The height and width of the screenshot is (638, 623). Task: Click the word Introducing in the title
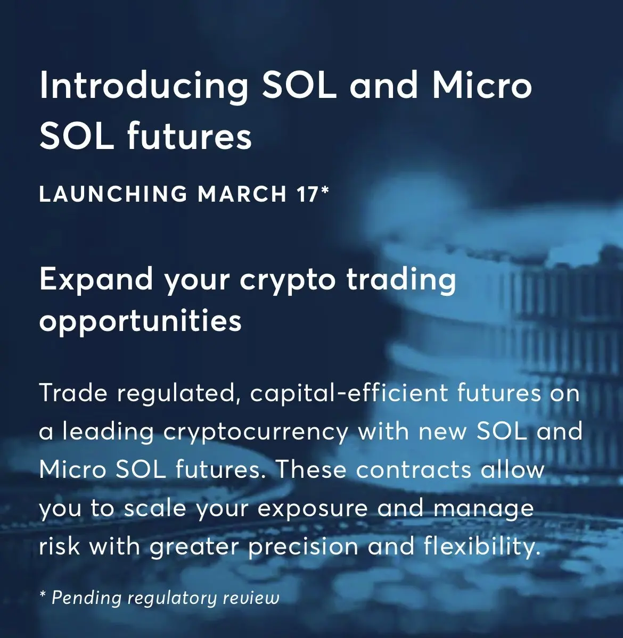pyautogui.click(x=144, y=86)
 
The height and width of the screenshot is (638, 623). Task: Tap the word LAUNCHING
pyautogui.click(x=113, y=194)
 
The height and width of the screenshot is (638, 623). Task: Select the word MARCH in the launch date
pyautogui.click(x=242, y=194)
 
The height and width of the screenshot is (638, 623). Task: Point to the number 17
pyautogui.click(x=307, y=194)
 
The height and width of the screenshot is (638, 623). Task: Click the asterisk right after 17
pyautogui.click(x=324, y=189)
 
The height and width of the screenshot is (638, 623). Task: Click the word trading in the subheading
pyautogui.click(x=401, y=280)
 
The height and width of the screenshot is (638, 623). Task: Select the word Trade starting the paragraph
pyautogui.click(x=73, y=393)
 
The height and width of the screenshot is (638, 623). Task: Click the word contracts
pyautogui.click(x=414, y=470)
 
